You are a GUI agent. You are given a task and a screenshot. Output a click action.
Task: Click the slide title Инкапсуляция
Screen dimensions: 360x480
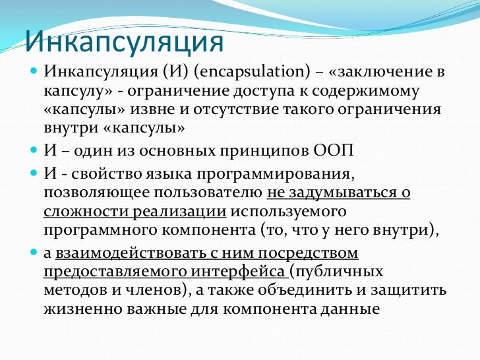124,42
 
